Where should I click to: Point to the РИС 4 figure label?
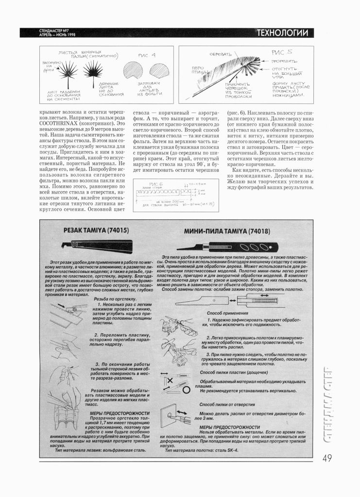[148, 55]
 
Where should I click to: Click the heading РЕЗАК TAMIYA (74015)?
[96, 232]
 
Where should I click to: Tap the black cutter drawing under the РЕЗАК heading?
[97, 248]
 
